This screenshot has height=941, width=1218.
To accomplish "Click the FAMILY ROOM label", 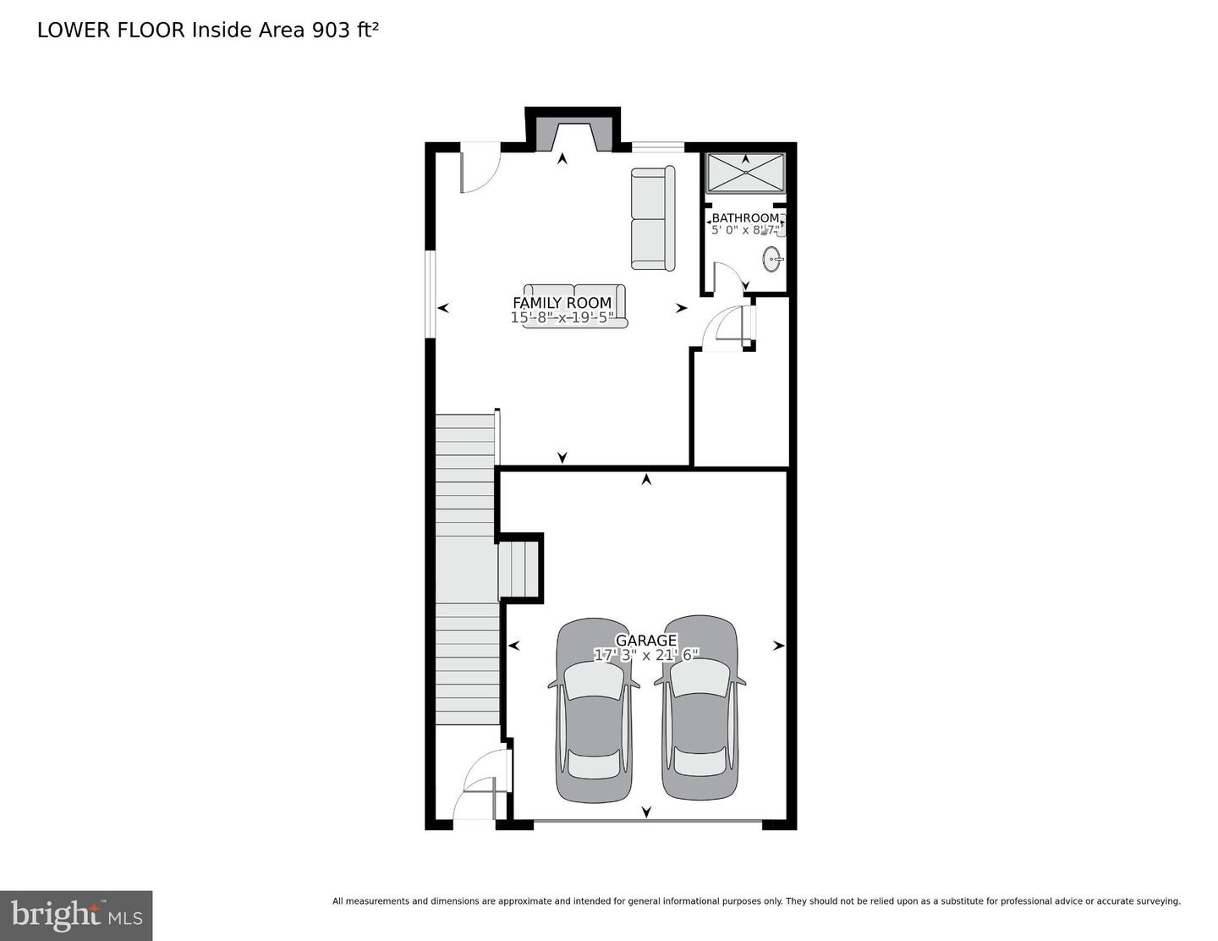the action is pos(562,304).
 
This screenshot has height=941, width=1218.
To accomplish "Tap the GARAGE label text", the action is pos(646,641).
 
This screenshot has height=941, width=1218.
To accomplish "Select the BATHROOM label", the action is pos(745,218).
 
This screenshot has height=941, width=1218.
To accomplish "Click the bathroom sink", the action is pos(772,259).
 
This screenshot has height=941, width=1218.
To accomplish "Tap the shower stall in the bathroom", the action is pos(745,173).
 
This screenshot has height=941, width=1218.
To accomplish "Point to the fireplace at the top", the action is pos(573,137).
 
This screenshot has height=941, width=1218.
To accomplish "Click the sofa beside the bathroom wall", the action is pos(653,217).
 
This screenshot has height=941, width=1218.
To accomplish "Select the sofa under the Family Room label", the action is pos(575,306).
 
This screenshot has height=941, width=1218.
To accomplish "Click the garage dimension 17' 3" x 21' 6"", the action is pos(646,654).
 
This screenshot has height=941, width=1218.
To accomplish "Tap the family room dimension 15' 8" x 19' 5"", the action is pos(562,318).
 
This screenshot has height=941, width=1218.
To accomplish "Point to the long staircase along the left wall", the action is pos(468,570).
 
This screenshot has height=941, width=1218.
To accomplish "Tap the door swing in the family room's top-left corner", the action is pos(480,168).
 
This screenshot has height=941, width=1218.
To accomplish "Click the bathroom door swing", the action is pos(728,277).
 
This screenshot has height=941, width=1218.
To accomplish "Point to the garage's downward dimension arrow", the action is pos(646,812).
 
